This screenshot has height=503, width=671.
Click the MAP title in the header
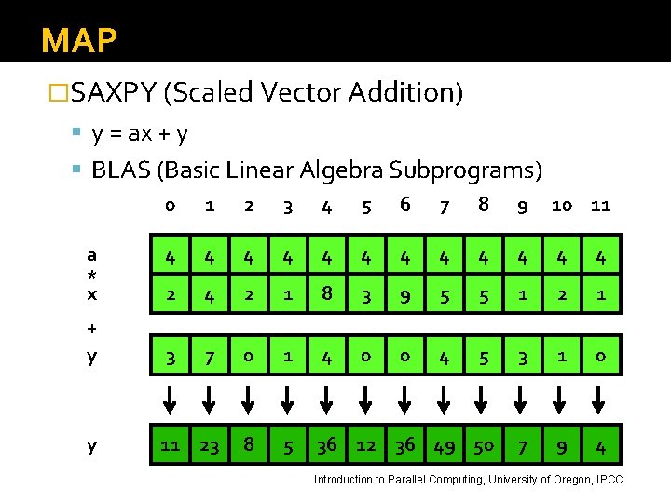(79, 41)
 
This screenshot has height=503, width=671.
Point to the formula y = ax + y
(140, 134)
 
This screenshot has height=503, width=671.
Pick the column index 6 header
(404, 204)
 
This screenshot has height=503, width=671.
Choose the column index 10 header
(561, 205)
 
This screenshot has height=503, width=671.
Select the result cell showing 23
(209, 446)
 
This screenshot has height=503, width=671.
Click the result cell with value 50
(483, 446)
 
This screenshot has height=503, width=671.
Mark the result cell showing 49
(444, 446)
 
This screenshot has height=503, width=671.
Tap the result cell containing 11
(170, 446)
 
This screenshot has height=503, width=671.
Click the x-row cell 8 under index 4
(326, 295)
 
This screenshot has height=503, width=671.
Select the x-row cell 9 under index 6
(404, 295)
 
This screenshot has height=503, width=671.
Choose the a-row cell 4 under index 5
(365, 255)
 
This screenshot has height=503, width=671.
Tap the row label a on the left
(91, 254)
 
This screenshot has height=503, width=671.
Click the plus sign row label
(91, 328)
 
